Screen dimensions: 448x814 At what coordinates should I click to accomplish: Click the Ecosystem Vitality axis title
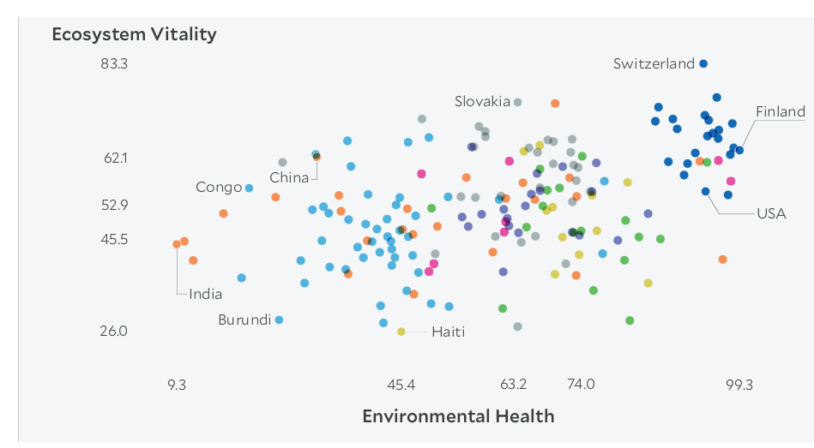click(134, 35)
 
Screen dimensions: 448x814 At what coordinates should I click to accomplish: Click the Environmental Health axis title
click(458, 416)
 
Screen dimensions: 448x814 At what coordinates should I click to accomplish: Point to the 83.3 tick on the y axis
click(113, 64)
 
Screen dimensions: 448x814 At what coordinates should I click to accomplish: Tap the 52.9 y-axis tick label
click(114, 206)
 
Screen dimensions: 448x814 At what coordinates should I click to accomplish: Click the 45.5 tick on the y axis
click(114, 239)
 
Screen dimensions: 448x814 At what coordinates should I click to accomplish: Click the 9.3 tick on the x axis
click(177, 385)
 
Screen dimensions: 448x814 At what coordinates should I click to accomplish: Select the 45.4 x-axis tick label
click(401, 385)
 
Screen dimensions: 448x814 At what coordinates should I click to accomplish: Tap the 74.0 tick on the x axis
click(581, 385)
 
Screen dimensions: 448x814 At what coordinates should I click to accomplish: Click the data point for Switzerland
click(703, 63)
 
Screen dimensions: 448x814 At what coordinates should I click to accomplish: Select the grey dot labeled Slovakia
click(517, 102)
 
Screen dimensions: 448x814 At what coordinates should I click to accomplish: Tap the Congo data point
click(249, 188)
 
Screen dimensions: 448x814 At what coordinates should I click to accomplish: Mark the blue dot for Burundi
click(279, 320)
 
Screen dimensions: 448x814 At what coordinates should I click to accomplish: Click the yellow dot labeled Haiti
click(401, 332)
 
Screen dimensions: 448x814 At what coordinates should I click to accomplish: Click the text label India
click(206, 295)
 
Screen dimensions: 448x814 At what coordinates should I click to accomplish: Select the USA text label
click(771, 214)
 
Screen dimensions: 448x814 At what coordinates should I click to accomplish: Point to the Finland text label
click(781, 111)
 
